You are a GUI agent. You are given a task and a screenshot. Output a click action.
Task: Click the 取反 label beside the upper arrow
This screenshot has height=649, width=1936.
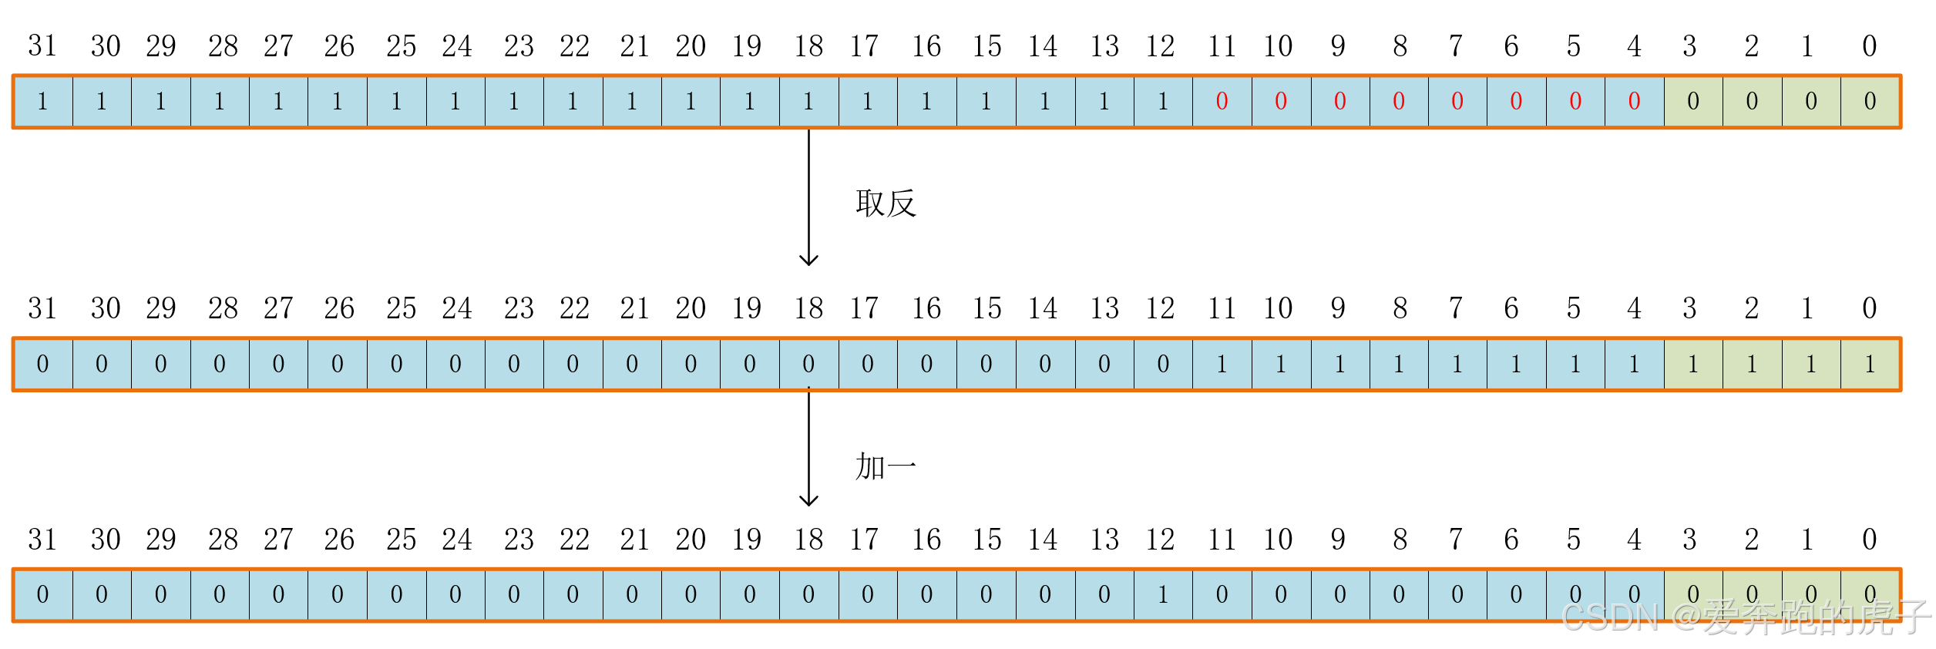tap(886, 203)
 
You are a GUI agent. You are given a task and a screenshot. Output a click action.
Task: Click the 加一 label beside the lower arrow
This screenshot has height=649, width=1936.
tap(886, 466)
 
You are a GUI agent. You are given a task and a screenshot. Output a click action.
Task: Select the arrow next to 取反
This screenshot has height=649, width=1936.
tap(808, 197)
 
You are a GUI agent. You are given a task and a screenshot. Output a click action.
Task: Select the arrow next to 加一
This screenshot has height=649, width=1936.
tap(808, 447)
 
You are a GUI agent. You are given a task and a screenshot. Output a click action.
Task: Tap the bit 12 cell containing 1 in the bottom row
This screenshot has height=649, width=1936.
tap(1163, 594)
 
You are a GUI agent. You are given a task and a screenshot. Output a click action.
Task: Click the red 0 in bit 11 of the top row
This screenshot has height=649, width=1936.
tap(1222, 101)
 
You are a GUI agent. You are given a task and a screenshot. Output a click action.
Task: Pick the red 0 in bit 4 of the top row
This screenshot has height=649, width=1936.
tap(1634, 101)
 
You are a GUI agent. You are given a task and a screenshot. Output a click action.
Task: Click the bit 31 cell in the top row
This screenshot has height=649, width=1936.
tap(42, 101)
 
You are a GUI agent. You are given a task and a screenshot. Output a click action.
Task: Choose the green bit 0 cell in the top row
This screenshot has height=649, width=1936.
tap(1870, 101)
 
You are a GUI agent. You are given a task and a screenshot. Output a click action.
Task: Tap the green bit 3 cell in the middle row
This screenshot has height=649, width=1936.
tap(1693, 364)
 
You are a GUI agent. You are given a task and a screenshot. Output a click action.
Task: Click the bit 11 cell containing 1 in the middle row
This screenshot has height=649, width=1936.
tap(1222, 364)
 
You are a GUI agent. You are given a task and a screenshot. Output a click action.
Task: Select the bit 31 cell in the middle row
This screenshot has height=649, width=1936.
tap(42, 364)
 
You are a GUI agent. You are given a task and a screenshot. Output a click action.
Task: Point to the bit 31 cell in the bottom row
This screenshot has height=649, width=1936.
tap(42, 594)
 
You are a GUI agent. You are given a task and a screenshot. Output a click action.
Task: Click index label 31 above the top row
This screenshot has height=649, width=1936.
tap(42, 46)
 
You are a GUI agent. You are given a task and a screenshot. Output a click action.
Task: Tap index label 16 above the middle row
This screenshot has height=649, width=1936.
tap(926, 308)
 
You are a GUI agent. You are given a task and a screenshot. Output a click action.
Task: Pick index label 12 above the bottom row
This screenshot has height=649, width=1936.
tap(1160, 540)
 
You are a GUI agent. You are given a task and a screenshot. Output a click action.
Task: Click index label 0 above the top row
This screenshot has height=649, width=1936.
tap(1870, 46)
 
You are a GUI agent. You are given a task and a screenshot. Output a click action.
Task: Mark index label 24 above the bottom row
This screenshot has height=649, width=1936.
tap(457, 540)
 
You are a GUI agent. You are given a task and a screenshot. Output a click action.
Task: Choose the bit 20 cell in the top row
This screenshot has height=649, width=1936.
tap(691, 101)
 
